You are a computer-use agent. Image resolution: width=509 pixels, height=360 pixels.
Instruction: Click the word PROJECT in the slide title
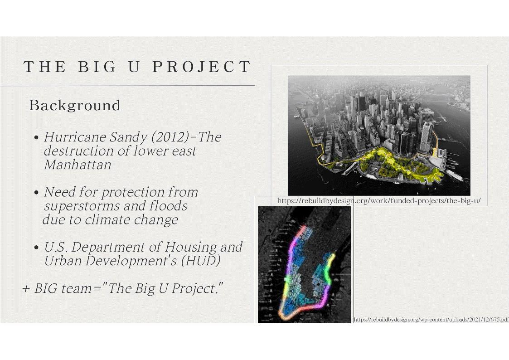pyautogui.click(x=201, y=67)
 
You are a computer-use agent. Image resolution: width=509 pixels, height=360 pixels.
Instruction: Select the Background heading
pyautogui.click(x=75, y=106)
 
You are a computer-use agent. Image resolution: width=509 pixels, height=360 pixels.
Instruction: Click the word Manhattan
pyautogui.click(x=77, y=165)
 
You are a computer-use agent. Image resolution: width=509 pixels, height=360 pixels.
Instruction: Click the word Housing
pyautogui.click(x=191, y=248)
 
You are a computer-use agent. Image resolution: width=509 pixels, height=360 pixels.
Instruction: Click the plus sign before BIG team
pyautogui.click(x=26, y=288)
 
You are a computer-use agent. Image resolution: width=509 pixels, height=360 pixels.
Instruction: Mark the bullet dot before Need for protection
pyautogui.click(x=36, y=193)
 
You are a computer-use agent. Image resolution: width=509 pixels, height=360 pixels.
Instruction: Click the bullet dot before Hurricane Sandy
pyautogui.click(x=36, y=137)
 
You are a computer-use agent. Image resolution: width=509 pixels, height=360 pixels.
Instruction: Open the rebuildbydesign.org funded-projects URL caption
pyautogui.click(x=379, y=200)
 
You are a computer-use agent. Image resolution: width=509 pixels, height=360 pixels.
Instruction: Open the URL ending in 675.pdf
pyautogui.click(x=431, y=320)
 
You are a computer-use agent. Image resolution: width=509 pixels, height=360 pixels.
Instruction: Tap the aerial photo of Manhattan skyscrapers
pyautogui.click(x=379, y=136)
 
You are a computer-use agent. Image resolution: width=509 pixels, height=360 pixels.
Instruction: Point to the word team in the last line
pyautogui.click(x=77, y=288)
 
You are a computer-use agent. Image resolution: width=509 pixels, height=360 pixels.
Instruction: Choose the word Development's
pyautogui.click(x=131, y=261)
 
